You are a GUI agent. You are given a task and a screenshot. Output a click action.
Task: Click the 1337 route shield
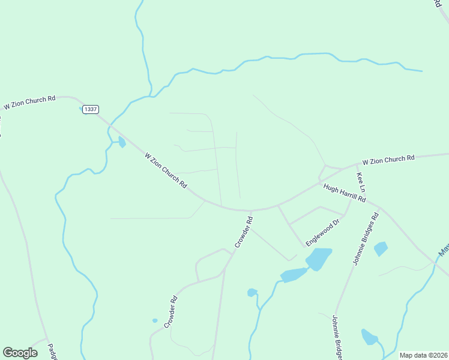pyautogui.click(x=91, y=109)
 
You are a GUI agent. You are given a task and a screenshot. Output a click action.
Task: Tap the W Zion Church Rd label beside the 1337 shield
pyautogui.click(x=29, y=102)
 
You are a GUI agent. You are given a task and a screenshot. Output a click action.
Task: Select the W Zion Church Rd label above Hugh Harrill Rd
pyautogui.click(x=388, y=160)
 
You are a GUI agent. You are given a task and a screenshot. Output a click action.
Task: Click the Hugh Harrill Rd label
pyautogui.click(x=344, y=194)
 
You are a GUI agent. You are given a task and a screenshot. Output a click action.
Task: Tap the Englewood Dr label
pyautogui.click(x=323, y=232)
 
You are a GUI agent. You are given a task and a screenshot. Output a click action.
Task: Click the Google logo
pyautogui.click(x=20, y=353)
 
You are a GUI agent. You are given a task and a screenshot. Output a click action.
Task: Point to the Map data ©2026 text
pyautogui.click(x=423, y=355)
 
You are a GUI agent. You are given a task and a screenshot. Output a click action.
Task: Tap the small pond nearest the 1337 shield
pyautogui.click(x=122, y=142)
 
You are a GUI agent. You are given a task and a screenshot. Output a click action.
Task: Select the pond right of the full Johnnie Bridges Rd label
pyautogui.click(x=381, y=248)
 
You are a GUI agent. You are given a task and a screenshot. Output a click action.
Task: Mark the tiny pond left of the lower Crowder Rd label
pyautogui.click(x=155, y=320)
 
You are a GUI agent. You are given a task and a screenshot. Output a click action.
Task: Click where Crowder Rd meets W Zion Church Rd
pyautogui.click(x=250, y=211)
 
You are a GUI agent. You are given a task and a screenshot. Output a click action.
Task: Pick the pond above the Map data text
pyautogui.click(x=369, y=337)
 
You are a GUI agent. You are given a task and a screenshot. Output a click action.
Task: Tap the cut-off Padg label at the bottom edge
pyautogui.click(x=53, y=350)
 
